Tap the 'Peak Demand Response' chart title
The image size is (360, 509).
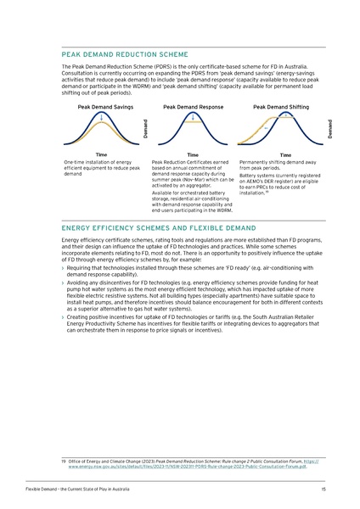tap(193, 108)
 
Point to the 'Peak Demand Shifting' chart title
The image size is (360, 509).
tap(281, 108)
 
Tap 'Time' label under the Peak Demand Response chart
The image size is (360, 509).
tap(193, 155)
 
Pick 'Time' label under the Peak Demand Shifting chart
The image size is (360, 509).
tap(285, 155)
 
